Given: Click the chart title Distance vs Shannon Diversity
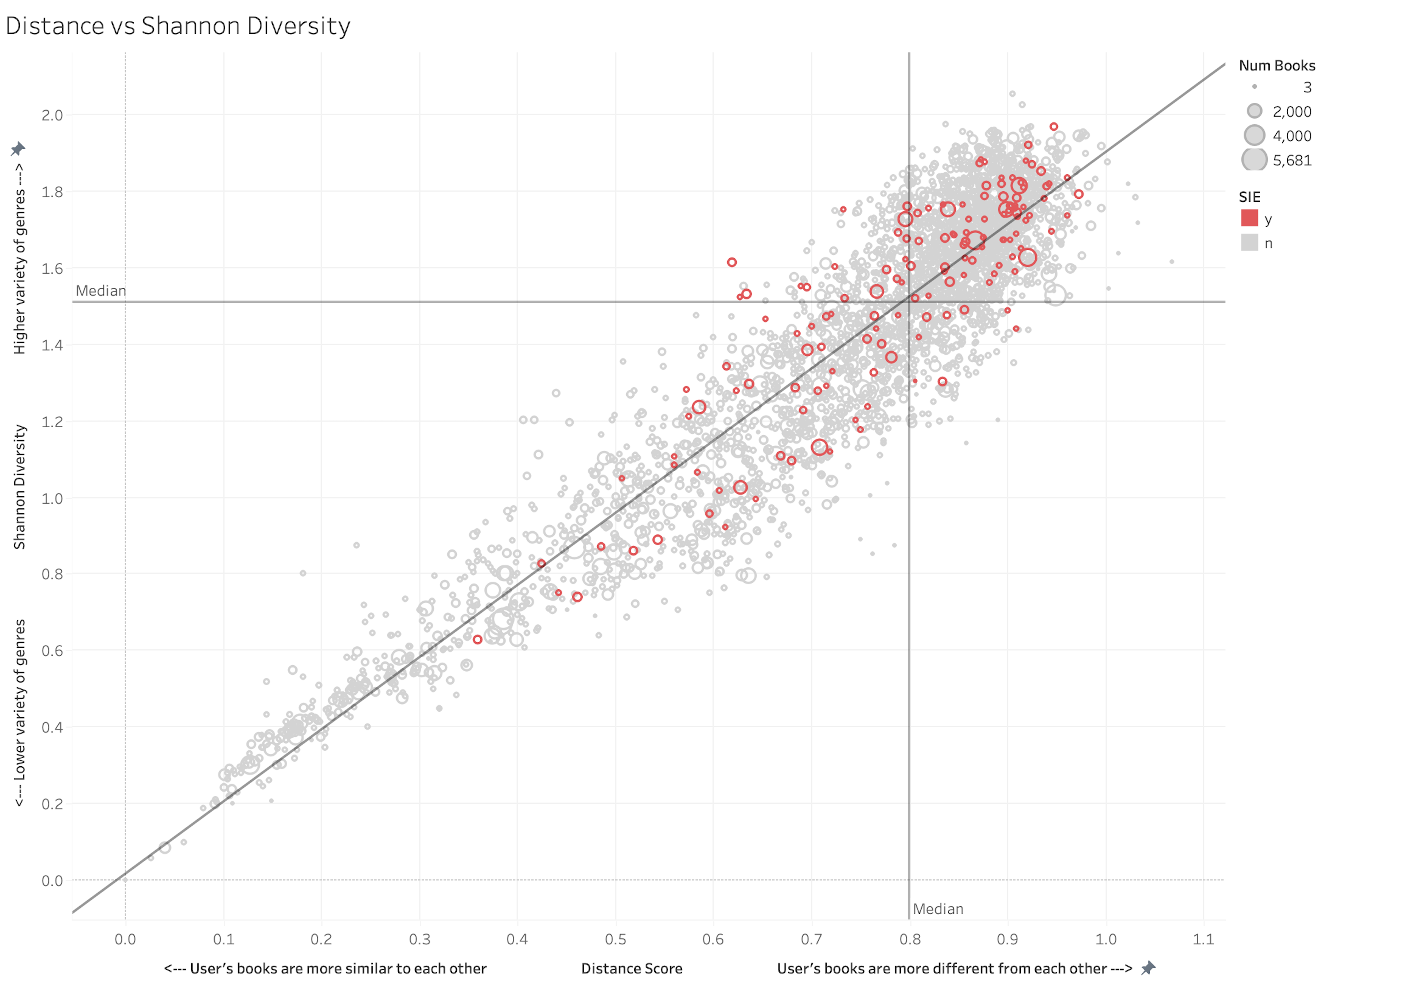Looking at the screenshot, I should point(178,26).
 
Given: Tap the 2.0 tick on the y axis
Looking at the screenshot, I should point(52,115).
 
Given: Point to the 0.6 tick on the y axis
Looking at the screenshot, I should point(52,651).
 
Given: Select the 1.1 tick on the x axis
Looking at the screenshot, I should point(1203,939).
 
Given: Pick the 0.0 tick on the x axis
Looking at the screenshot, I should point(125,939).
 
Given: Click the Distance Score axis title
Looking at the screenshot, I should point(632,969).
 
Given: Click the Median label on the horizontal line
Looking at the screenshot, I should point(100,291).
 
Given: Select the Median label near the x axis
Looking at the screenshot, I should point(938,909).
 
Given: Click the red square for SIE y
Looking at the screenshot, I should point(1249,218).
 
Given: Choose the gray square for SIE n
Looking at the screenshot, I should point(1249,243).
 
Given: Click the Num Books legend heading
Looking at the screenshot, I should point(1277,66).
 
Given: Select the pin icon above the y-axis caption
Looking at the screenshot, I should point(18,149).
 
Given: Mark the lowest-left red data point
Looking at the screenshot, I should point(477,639).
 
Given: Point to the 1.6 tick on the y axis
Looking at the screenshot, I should point(52,269).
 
